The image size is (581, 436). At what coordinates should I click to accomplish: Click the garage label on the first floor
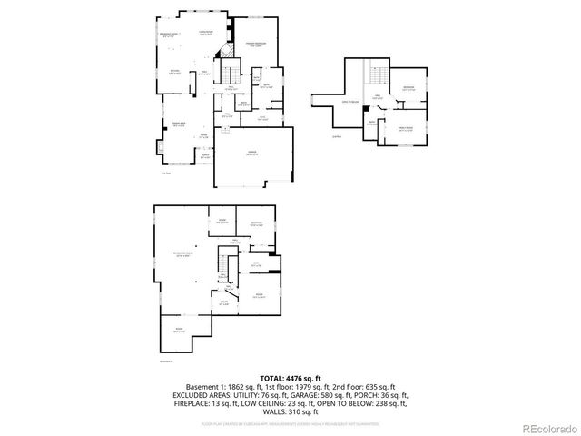pos(251,154)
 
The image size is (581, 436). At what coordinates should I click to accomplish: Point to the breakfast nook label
pos(168,36)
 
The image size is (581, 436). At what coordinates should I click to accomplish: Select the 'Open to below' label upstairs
pos(348,102)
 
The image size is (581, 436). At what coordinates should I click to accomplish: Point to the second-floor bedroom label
pos(409,89)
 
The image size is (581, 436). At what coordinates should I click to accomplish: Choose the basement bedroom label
pos(257,223)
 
